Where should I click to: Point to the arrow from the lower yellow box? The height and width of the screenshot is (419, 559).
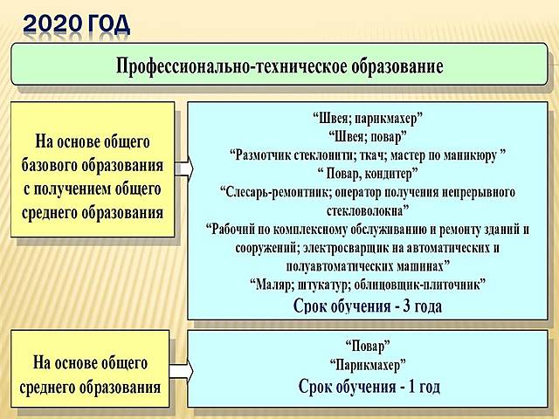pyautogui.click(x=181, y=370)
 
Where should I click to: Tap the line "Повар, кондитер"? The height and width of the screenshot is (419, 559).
pyautogui.click(x=368, y=173)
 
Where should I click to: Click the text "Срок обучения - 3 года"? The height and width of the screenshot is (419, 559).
pyautogui.click(x=368, y=306)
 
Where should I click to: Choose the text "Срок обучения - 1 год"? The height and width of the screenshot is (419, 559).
pyautogui.click(x=368, y=385)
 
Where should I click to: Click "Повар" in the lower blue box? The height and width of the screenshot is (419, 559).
pyautogui.click(x=368, y=346)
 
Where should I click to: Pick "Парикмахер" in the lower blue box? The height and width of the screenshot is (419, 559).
pyautogui.click(x=368, y=364)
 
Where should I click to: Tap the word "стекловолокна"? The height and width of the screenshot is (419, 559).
pyautogui.click(x=368, y=210)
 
